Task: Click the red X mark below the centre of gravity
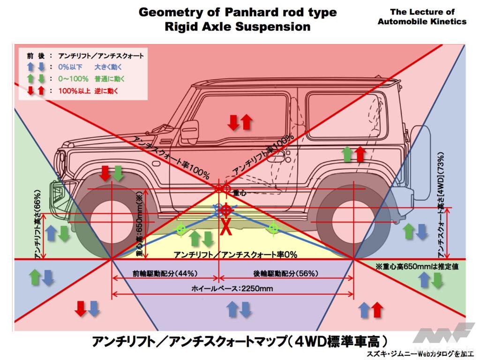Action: tap(225, 227)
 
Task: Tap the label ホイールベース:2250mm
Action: tap(232, 288)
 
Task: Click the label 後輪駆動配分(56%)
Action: tap(286, 273)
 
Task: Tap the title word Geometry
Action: tap(177, 12)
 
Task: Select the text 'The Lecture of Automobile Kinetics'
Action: tap(421, 16)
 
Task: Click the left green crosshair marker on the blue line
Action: tap(180, 229)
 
